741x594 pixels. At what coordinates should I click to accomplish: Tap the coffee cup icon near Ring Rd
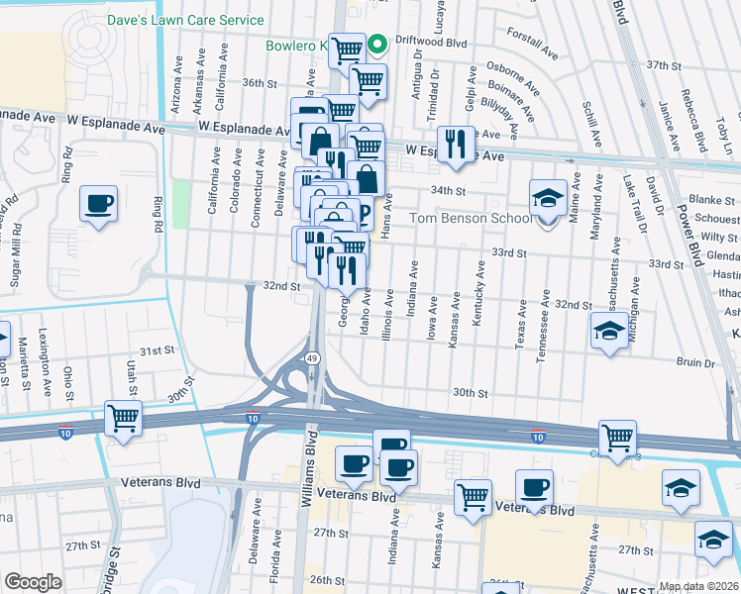[99, 204]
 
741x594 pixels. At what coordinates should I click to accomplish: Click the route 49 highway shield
[312, 357]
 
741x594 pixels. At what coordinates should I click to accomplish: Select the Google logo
[33, 581]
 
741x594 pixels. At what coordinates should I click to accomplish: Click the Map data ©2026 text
[698, 586]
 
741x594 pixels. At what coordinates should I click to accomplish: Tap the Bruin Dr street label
[695, 363]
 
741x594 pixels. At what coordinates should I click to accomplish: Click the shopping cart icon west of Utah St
[123, 419]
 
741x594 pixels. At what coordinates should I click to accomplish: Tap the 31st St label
[157, 351]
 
